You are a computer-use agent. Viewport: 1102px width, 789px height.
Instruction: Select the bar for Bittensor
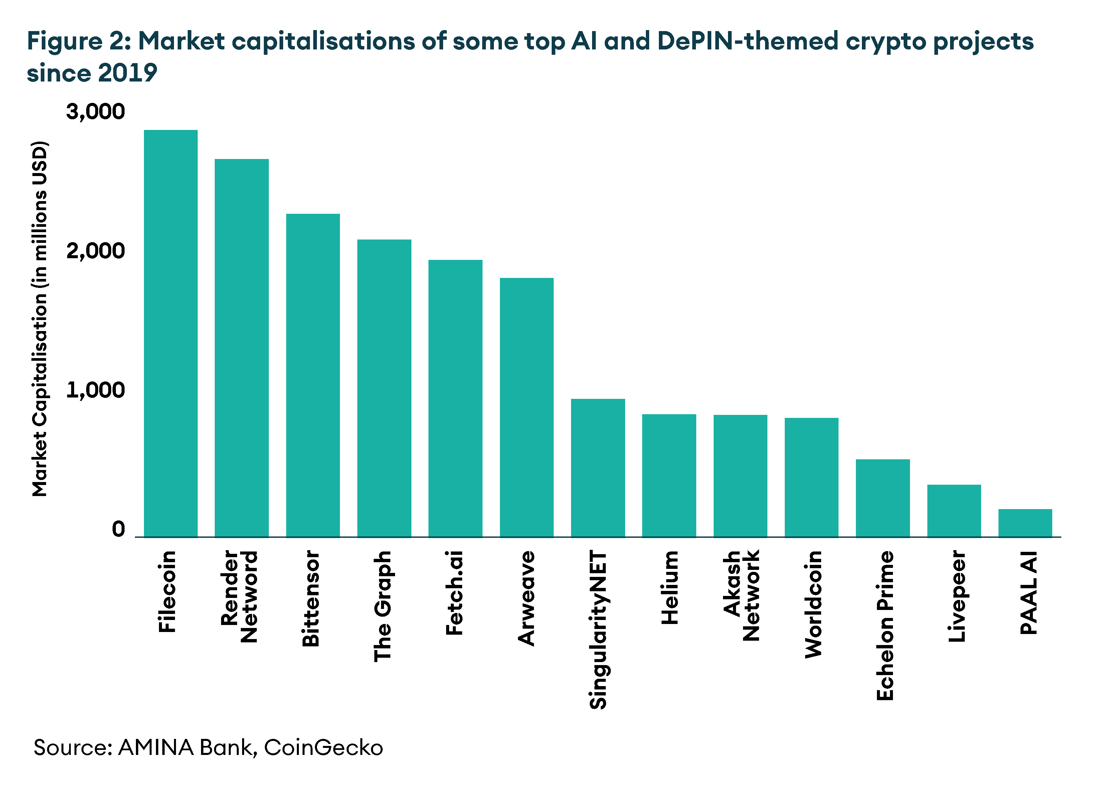pos(313,375)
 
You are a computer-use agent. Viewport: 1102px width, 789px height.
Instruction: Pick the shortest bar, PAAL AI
pos(1025,523)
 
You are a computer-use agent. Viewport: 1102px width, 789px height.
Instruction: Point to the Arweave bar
pos(527,407)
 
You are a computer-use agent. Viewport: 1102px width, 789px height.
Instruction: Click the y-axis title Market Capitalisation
pos(40,319)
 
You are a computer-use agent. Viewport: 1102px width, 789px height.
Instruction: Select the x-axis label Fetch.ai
pos(454,593)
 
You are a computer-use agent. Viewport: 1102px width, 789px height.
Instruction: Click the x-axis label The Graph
pos(383,606)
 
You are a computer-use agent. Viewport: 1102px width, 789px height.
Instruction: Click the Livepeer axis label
pos(956,596)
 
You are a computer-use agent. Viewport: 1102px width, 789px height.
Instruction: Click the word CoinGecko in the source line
pos(324,748)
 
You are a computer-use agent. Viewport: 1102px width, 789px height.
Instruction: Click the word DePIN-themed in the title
pos(747,41)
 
